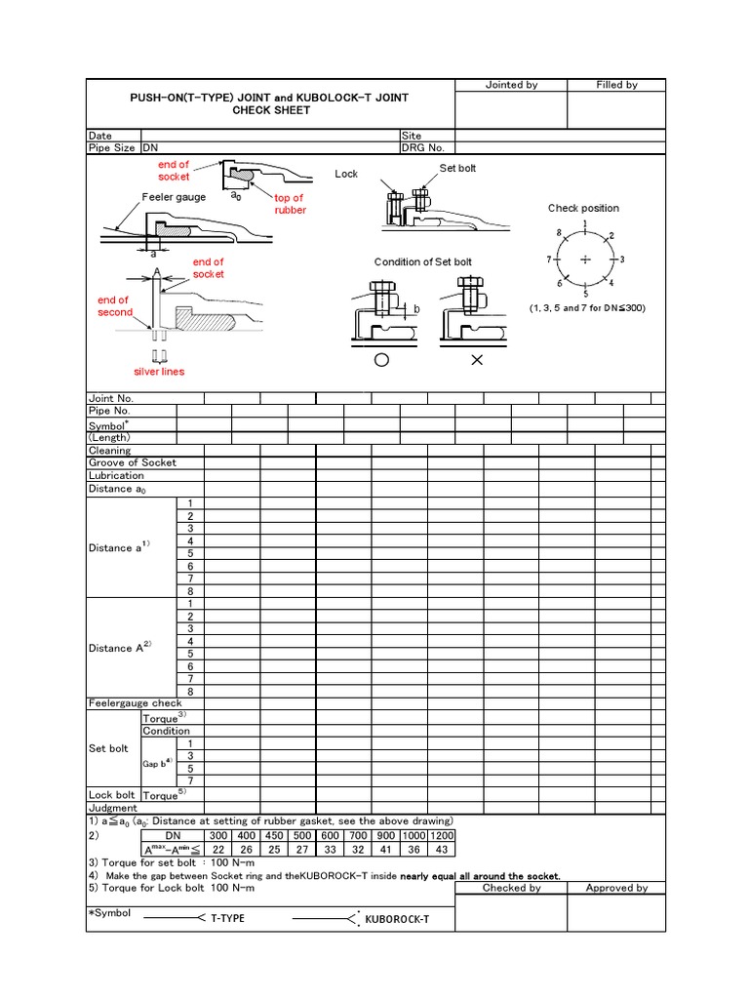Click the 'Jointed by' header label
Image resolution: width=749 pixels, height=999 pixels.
click(511, 85)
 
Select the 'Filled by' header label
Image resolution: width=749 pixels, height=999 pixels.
click(616, 85)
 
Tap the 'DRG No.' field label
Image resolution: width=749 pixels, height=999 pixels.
click(422, 147)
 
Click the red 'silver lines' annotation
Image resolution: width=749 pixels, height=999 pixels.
click(159, 372)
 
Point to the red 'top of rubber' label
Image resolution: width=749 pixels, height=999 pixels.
click(290, 204)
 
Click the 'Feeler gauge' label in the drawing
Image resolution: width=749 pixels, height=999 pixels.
click(174, 197)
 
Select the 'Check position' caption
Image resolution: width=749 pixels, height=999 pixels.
click(583, 208)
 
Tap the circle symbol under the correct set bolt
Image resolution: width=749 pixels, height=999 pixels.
click(381, 360)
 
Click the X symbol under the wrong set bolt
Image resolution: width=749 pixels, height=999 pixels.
click(477, 360)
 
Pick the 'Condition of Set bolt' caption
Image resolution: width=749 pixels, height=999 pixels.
click(422, 261)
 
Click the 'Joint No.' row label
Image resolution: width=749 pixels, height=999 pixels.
click(110, 398)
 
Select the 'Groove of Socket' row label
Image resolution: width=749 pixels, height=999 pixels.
click(132, 462)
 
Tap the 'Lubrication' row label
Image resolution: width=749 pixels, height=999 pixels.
click(116, 475)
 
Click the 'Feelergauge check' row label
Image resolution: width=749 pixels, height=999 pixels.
click(135, 702)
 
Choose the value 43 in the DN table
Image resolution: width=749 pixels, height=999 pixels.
click(443, 850)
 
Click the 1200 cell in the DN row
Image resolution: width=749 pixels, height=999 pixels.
click(443, 837)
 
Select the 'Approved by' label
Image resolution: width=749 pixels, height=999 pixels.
click(616, 888)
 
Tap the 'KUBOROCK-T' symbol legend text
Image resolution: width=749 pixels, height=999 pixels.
click(397, 919)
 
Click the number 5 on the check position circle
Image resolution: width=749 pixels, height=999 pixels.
click(585, 293)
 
